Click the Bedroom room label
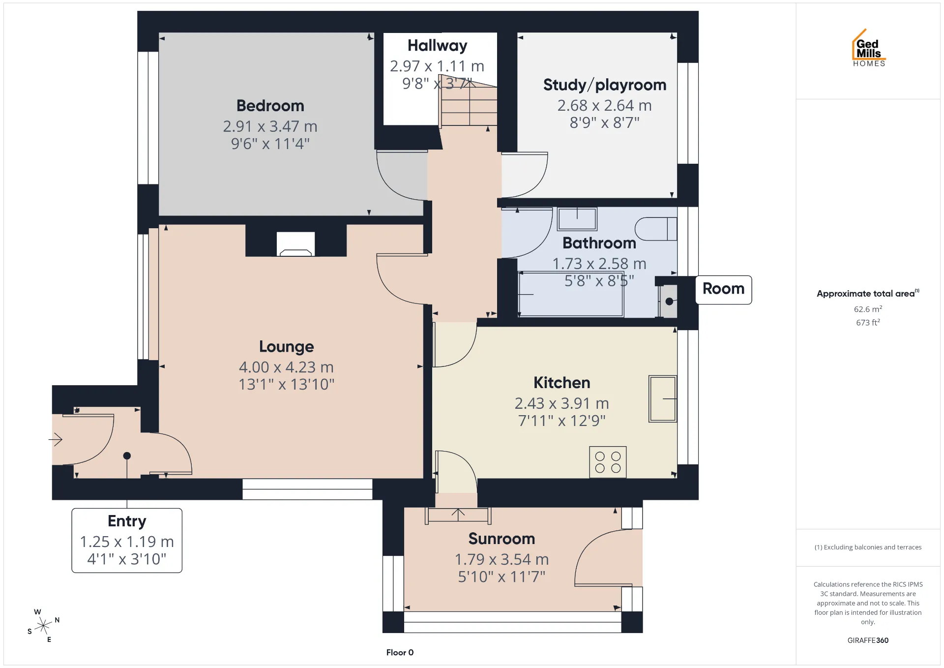tap(270, 106)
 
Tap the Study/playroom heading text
tap(605, 85)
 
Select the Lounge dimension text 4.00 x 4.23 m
tap(286, 367)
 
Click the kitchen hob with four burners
tap(608, 462)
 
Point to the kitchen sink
tap(663, 398)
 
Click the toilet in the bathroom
tap(656, 229)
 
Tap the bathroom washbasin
tap(577, 219)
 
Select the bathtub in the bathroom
tap(571, 294)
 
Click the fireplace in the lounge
tap(295, 244)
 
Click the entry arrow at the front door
tap(56, 439)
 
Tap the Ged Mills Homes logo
tap(869, 48)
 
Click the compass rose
tap(44, 626)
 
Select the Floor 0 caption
tap(400, 653)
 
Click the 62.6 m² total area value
tap(868, 309)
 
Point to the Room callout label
tap(724, 289)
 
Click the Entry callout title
tap(127, 521)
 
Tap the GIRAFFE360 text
tap(868, 640)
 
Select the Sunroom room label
tap(501, 539)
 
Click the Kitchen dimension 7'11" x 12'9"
tap(562, 421)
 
